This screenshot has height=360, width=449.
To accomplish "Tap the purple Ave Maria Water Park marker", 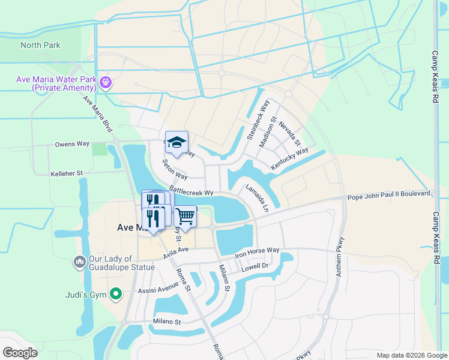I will [x=106, y=82].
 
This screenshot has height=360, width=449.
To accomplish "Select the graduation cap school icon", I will [x=176, y=142].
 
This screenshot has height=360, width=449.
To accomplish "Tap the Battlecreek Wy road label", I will [x=192, y=193].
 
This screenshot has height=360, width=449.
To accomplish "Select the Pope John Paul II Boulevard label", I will [x=388, y=194].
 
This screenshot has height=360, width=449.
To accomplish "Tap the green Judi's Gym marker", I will [x=117, y=294].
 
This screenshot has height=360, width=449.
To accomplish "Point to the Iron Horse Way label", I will [x=257, y=250].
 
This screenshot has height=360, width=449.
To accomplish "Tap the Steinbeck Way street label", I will [x=255, y=124].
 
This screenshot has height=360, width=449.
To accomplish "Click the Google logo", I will [x=20, y=353].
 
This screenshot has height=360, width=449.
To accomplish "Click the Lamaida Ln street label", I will [x=257, y=197].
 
